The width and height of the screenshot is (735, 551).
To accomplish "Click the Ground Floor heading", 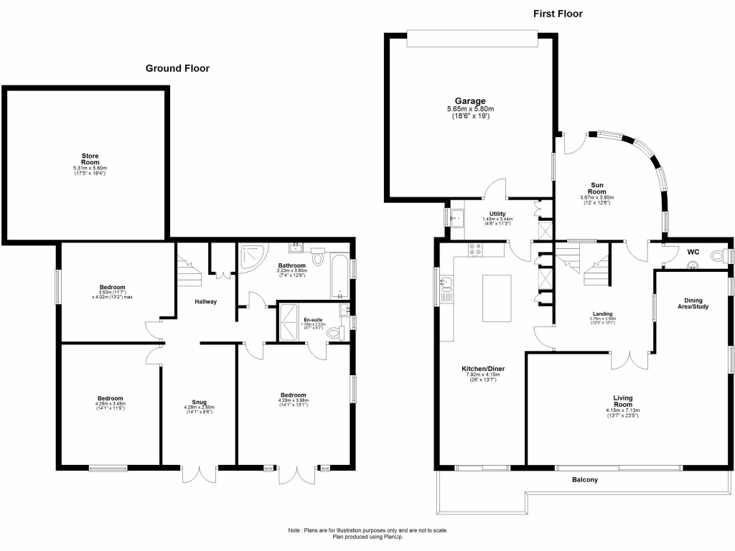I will point(177,69).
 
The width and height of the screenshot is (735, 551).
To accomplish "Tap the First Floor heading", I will point(557,14).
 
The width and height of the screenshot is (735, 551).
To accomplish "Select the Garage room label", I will point(470,101).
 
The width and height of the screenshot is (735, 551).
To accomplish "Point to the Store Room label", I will point(90,159).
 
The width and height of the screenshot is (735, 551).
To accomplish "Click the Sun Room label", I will point(596,188).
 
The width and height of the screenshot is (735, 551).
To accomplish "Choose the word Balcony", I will point(584,480).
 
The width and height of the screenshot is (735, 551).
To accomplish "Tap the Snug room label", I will point(199,402).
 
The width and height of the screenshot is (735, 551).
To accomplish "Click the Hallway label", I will point(206,301).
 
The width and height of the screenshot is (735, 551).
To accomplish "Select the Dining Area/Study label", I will point(693,304).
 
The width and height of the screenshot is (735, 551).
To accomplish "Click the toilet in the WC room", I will point(717,256).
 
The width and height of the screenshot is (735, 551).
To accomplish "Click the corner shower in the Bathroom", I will point(251,258).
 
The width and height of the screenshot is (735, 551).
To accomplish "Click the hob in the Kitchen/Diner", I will point(475,250).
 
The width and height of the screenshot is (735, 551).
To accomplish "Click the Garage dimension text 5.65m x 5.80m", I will point(470,109).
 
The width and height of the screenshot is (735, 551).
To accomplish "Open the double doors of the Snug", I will point(199,474).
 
